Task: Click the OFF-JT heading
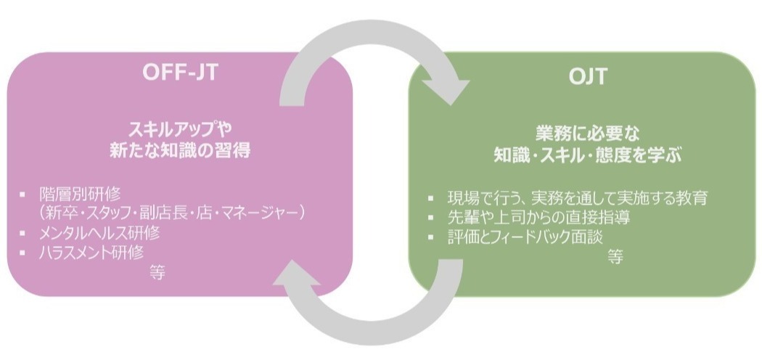pos(180,72)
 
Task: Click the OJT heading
pos(588,77)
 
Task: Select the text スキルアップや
pos(180,129)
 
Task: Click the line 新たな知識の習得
pos(180,150)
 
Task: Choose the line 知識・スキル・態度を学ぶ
pos(588,155)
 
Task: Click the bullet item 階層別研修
pos(80,195)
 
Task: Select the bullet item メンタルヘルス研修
pos(99,233)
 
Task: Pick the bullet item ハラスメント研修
pos(91,252)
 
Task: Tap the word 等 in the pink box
pos(157,273)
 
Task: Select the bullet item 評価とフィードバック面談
pos(525,237)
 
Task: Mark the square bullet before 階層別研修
pos(22,195)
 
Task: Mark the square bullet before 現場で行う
pos(430,198)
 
